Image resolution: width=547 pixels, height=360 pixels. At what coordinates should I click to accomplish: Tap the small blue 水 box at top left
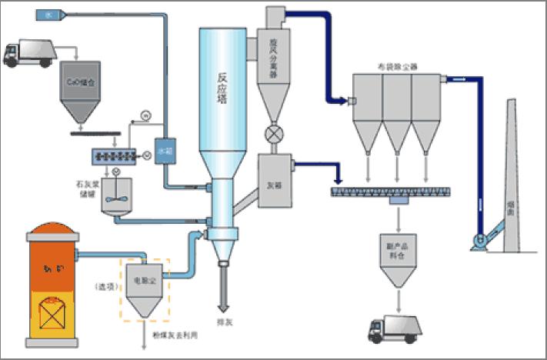[x=48, y=14]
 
